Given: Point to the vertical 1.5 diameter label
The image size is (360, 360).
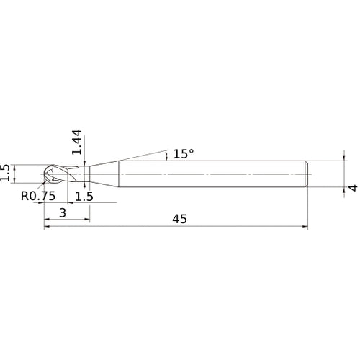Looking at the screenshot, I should [x=6, y=173].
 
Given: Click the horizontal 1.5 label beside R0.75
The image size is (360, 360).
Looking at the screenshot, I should [x=84, y=196].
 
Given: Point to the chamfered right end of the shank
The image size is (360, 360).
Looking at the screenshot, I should [x=308, y=175].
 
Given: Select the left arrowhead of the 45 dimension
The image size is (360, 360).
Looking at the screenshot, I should [x=48, y=228].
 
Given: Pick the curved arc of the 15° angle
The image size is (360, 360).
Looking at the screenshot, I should [x=167, y=154].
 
